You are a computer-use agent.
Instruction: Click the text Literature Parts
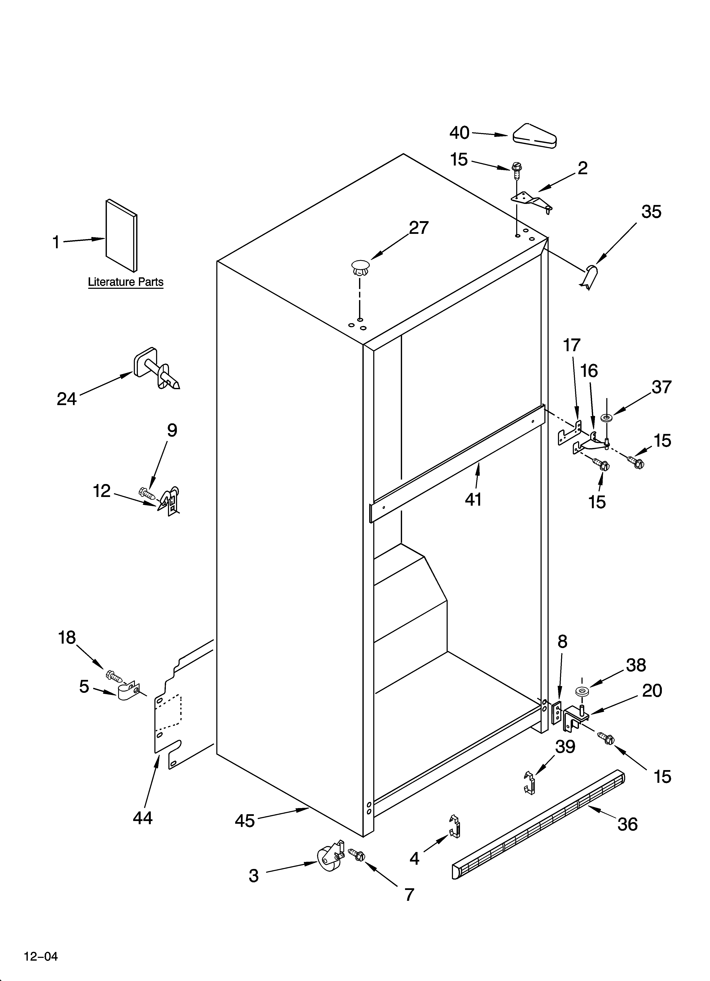pos(125,282)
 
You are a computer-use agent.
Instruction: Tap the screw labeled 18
pos(113,675)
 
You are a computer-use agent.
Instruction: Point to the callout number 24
pos(67,399)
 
